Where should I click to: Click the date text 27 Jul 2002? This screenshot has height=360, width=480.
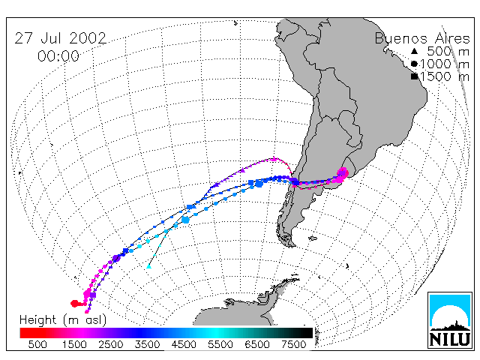[60, 38]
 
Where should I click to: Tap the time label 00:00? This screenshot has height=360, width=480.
[58, 56]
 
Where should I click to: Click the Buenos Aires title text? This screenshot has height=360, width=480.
[422, 38]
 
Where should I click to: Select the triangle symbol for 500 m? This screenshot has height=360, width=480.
[414, 51]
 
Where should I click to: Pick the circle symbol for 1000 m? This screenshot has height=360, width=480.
[414, 64]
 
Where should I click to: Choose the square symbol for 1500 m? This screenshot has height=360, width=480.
[415, 76]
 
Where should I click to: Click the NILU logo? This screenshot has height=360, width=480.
[450, 320]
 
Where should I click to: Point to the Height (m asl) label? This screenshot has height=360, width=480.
[63, 320]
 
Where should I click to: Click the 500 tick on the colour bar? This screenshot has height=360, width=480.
[37, 344]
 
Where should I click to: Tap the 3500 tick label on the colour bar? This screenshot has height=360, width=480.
[147, 344]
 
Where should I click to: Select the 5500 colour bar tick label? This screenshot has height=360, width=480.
[220, 344]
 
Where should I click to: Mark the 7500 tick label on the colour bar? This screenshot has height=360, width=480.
[294, 344]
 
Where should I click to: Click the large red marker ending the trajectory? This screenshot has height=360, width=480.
[74, 303]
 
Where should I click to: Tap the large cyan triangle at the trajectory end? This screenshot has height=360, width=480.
[148, 266]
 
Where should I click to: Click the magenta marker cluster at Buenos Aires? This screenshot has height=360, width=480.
[342, 175]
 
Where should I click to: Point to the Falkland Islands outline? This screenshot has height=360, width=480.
[312, 238]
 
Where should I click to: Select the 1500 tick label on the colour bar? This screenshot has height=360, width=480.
[74, 344]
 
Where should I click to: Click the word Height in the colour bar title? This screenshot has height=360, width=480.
[37, 320]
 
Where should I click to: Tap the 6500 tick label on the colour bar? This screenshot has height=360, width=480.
[257, 344]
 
